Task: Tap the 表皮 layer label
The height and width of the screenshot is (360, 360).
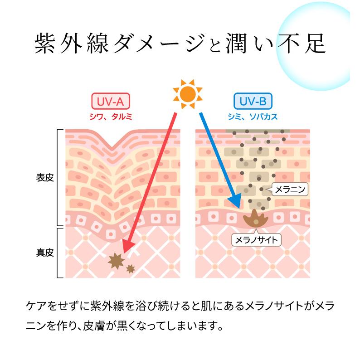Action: pos(45,177)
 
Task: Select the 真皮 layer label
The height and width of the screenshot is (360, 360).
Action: pos(45,252)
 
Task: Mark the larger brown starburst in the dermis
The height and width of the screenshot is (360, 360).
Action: pos(117,260)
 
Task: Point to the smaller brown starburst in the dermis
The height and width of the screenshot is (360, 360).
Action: pos(131,269)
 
